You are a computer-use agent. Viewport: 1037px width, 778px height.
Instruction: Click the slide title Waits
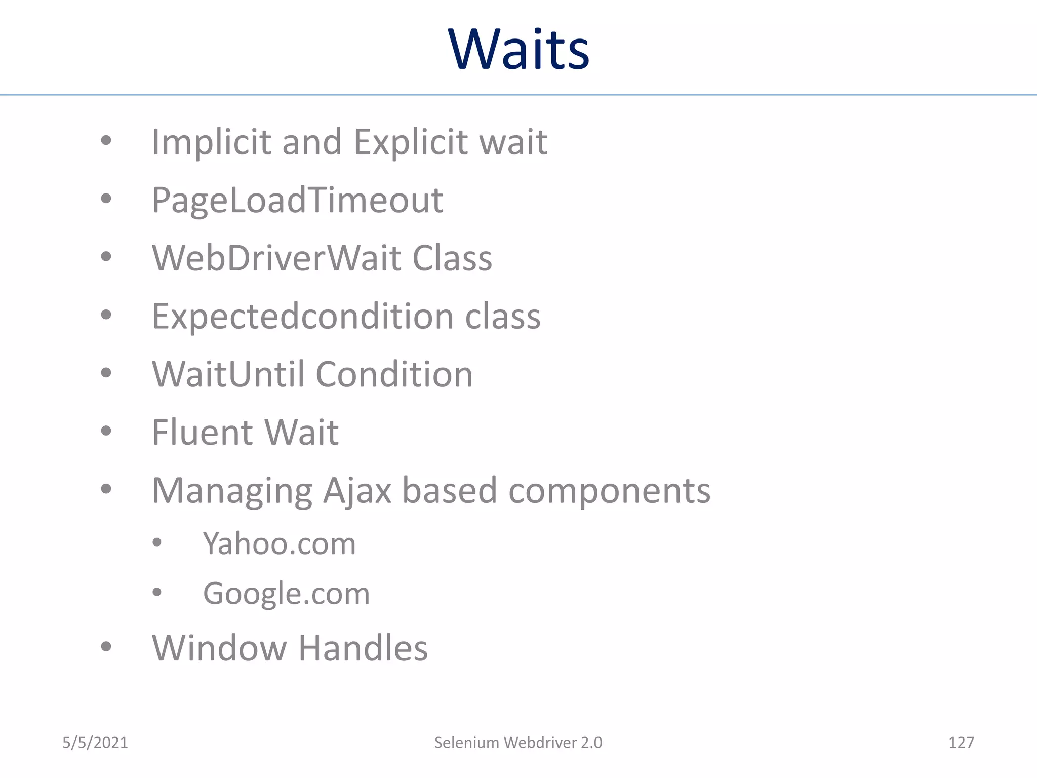pyautogui.click(x=518, y=50)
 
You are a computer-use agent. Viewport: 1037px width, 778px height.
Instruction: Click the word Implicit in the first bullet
pyautogui.click(x=211, y=142)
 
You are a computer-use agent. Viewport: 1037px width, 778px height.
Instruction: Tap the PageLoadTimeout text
pyautogui.click(x=297, y=200)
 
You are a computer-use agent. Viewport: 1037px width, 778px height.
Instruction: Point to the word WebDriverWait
pyautogui.click(x=276, y=258)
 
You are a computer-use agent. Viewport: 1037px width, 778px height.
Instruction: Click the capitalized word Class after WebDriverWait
pyautogui.click(x=452, y=258)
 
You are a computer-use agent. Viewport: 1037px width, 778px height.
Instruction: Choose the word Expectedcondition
pyautogui.click(x=302, y=317)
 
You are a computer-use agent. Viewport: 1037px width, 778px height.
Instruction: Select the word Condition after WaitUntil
pyautogui.click(x=394, y=374)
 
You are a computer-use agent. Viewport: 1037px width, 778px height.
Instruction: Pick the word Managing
pyautogui.click(x=232, y=491)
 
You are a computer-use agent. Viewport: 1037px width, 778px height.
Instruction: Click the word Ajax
pyautogui.click(x=357, y=491)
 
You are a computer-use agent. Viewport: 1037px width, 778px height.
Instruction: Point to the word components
pyautogui.click(x=609, y=491)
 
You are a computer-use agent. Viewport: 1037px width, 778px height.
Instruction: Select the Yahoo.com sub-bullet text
pyautogui.click(x=280, y=544)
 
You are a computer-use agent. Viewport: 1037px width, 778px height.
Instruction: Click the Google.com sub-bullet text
pyautogui.click(x=286, y=594)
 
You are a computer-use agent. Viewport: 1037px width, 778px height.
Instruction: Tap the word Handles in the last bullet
pyautogui.click(x=363, y=648)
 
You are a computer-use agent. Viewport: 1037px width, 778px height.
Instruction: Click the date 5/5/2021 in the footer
pyautogui.click(x=95, y=743)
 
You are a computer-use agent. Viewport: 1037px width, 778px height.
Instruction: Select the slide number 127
pyautogui.click(x=961, y=743)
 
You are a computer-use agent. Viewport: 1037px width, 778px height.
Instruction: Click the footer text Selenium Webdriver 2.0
pyautogui.click(x=518, y=743)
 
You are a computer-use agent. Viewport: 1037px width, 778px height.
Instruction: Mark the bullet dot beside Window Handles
pyautogui.click(x=106, y=646)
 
